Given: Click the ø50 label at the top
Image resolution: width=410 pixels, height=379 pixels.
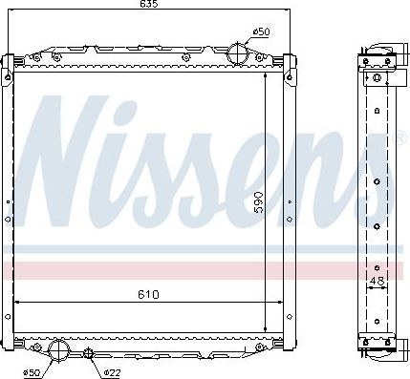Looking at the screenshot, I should [260, 32].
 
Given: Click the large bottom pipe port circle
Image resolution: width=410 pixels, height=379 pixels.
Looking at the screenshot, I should [58, 349].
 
